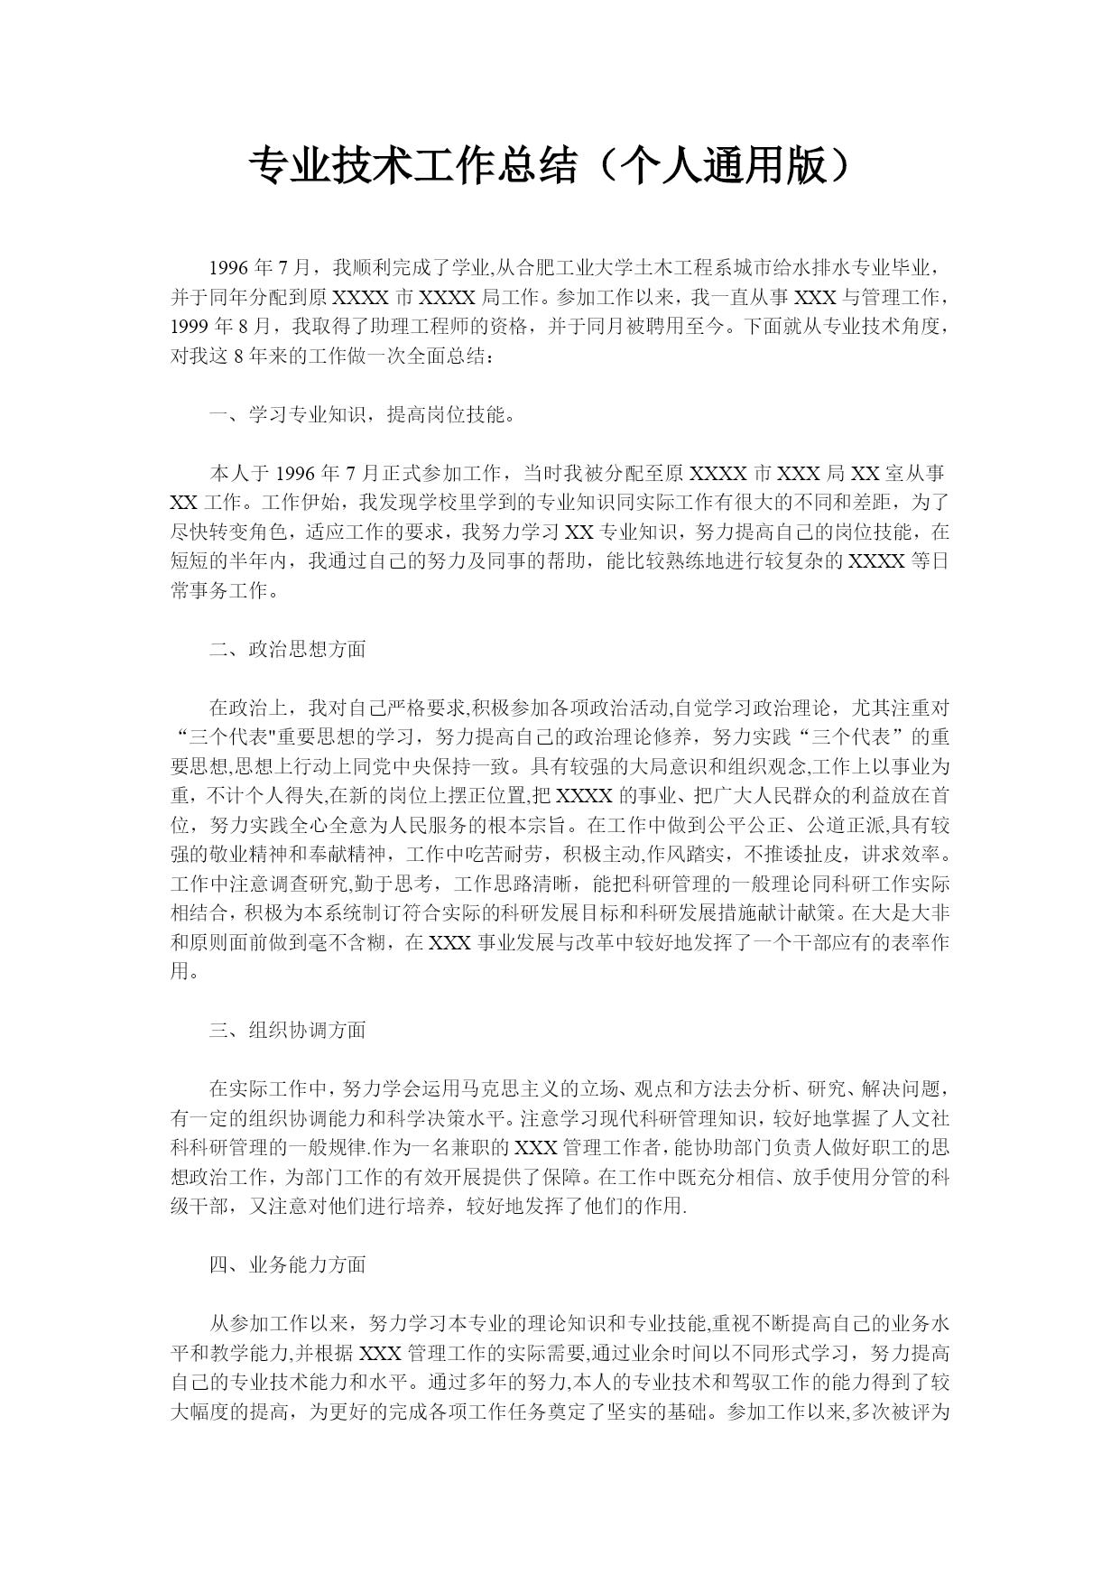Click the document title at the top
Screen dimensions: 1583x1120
click(x=550, y=167)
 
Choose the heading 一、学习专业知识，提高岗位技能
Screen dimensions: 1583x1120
click(x=362, y=415)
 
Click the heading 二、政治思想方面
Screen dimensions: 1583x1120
click(x=288, y=649)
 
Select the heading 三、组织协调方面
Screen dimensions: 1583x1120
click(x=288, y=1030)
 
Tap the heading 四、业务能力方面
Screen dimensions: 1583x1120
click(x=288, y=1264)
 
